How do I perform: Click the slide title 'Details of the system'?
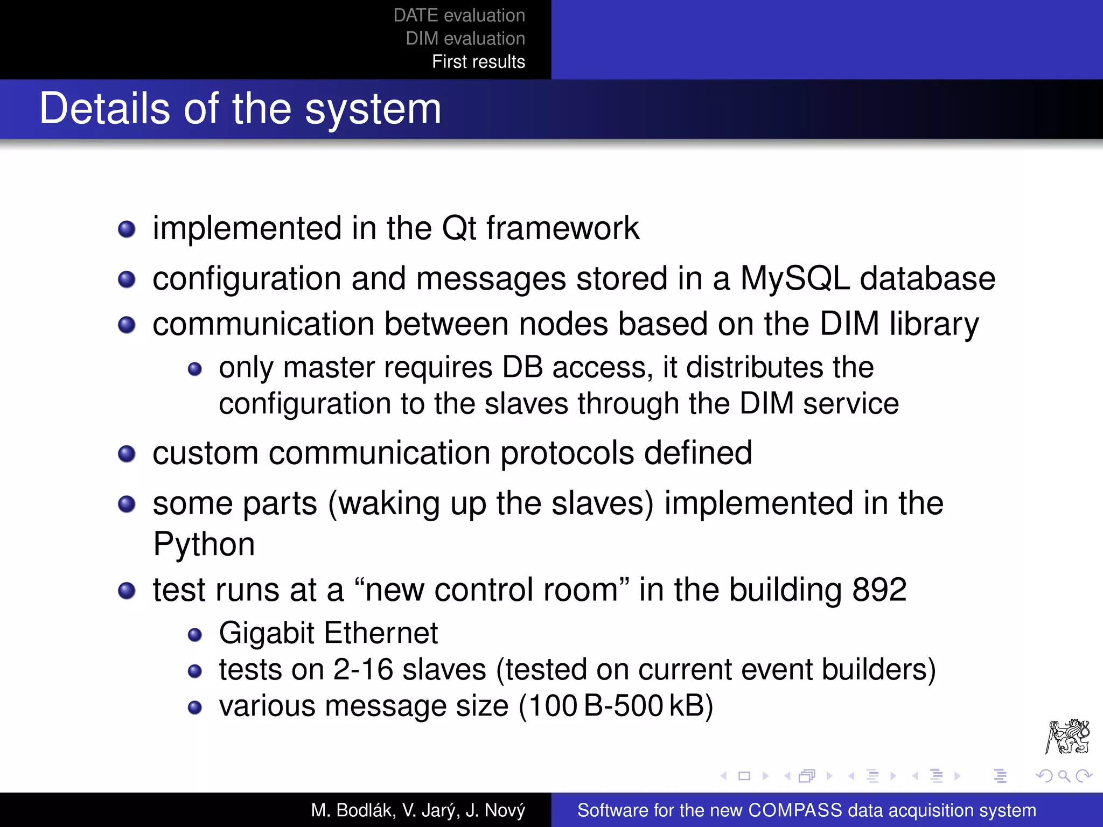240,109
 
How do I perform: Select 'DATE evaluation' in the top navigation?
459,16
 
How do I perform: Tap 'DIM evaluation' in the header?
465,39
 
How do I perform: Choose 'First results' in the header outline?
478,62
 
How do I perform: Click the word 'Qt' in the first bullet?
459,228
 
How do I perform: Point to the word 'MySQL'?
794,279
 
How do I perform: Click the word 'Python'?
204,544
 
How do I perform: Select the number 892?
879,590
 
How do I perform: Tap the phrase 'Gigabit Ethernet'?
328,633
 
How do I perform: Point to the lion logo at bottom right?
1067,737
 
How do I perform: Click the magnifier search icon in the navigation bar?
1064,776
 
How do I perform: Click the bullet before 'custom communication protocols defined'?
127,453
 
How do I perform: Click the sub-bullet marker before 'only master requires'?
194,369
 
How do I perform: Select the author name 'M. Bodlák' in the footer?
353,810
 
